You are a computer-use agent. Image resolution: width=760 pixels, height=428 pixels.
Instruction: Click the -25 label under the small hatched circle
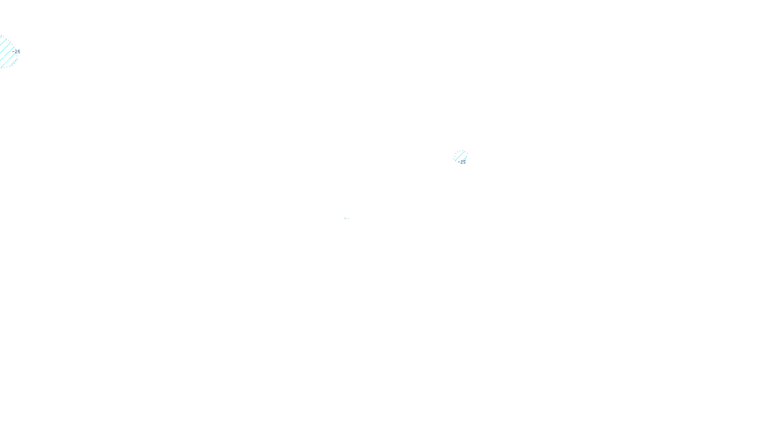tap(462, 162)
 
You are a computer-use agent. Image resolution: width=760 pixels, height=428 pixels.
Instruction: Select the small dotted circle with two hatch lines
tap(461, 156)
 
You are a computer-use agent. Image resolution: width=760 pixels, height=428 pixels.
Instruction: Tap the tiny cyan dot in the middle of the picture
tap(346, 219)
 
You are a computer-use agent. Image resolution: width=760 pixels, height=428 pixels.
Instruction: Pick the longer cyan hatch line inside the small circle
tap(460, 156)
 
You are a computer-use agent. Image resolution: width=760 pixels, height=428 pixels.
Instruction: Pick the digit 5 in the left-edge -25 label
tap(19, 51)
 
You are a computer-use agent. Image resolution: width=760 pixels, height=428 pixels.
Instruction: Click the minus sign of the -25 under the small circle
tap(459, 162)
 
